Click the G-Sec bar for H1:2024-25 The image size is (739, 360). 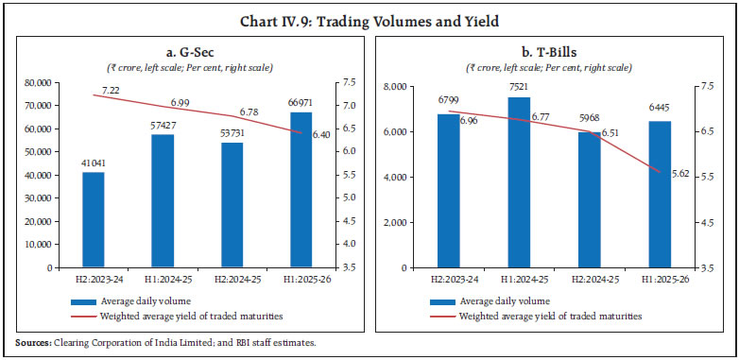tap(163, 200)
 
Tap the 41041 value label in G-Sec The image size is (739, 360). tap(93, 163)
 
